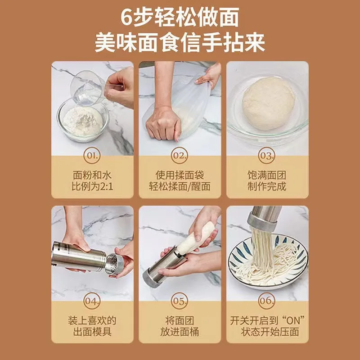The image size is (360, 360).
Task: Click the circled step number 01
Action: coord(92,155)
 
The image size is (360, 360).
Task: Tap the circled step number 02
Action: coord(179,155)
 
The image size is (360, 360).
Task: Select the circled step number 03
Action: coord(266,155)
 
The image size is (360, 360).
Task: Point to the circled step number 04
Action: coord(92,301)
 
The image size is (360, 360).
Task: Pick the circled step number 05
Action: coord(179,301)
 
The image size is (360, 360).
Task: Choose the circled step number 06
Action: coord(266,301)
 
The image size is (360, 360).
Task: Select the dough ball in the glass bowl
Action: coord(268,103)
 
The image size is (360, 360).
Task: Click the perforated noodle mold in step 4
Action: coord(114,264)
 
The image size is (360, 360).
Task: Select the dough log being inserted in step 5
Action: coord(196,239)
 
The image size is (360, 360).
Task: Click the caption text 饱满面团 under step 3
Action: coord(267,175)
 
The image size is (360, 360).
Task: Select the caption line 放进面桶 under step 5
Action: coord(180,332)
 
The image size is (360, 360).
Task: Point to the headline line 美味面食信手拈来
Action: coord(180,43)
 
